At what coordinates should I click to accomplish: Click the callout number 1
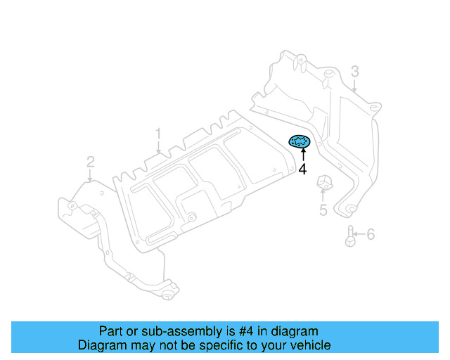tap(159, 133)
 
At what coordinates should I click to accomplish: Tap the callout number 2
tap(91, 163)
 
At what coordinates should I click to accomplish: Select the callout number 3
tap(355, 71)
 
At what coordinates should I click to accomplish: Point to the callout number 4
tap(302, 169)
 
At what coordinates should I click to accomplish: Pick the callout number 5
tap(323, 210)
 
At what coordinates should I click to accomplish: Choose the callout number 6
tap(371, 234)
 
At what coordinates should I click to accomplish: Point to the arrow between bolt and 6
tap(359, 234)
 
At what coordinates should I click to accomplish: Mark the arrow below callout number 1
tap(159, 147)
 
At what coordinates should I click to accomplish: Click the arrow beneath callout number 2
tap(91, 176)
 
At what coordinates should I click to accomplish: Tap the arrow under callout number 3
tap(355, 86)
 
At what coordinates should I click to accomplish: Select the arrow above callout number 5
tap(323, 196)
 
